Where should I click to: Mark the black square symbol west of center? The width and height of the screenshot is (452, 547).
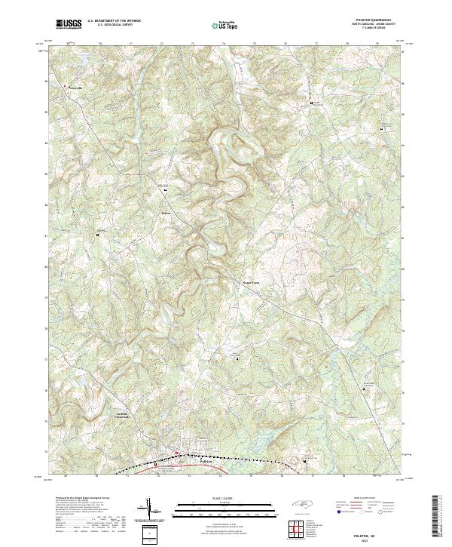tap(97, 235)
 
